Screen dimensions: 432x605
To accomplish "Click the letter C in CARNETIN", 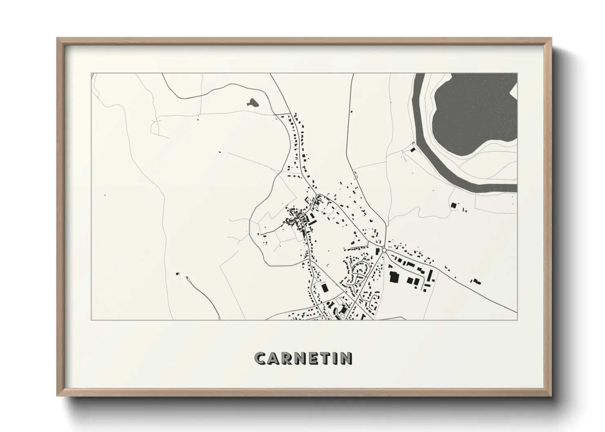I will (x=261, y=359).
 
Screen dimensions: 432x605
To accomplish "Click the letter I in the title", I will (x=337, y=359).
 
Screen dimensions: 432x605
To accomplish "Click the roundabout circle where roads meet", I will (x=384, y=250).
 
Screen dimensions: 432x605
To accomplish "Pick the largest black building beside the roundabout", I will (x=394, y=277).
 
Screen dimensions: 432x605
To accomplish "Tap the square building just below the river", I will (x=453, y=205).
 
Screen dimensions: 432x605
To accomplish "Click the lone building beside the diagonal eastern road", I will (x=476, y=281).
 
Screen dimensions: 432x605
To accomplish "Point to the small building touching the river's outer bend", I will (x=413, y=149).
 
